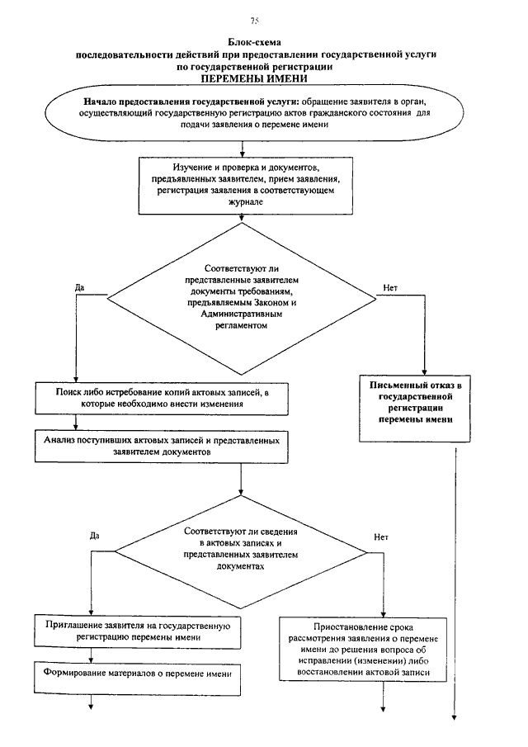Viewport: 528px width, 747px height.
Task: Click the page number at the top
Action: pos(254,21)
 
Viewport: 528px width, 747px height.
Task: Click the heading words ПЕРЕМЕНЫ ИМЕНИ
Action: pos(254,78)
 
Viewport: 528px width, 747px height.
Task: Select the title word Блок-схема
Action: pos(254,42)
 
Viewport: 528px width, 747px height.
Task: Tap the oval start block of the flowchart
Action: pos(254,113)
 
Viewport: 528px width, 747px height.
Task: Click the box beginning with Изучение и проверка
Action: pos(245,186)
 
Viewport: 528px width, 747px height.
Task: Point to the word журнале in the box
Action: pos(245,202)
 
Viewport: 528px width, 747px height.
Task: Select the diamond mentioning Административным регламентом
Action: pos(242,299)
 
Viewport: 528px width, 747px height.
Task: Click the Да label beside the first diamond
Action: pos(79,288)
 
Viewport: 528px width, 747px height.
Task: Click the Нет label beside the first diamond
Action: pos(390,288)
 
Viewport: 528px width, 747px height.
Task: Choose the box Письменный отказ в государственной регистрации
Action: pos(415,409)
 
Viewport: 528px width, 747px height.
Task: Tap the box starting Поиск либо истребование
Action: pos(162,399)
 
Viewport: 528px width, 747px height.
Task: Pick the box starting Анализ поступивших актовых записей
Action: pos(162,447)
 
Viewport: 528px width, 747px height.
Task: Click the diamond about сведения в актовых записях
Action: pos(241,552)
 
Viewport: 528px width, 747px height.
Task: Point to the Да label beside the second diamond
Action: pos(94,536)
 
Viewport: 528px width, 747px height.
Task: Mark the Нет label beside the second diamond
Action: pos(381,537)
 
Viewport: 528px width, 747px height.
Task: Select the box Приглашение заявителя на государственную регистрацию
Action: pos(137,631)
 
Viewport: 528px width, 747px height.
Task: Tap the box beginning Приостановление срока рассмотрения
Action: pos(363,650)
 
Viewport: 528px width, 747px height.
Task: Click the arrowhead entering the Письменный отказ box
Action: pos(424,372)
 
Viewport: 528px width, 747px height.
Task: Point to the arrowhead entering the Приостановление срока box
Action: pos(384,615)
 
